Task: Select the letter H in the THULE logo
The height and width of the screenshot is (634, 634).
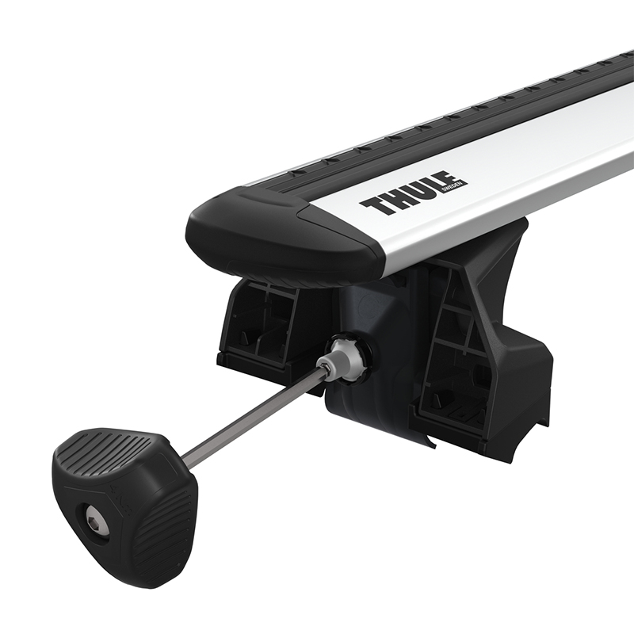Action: point(394,201)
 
